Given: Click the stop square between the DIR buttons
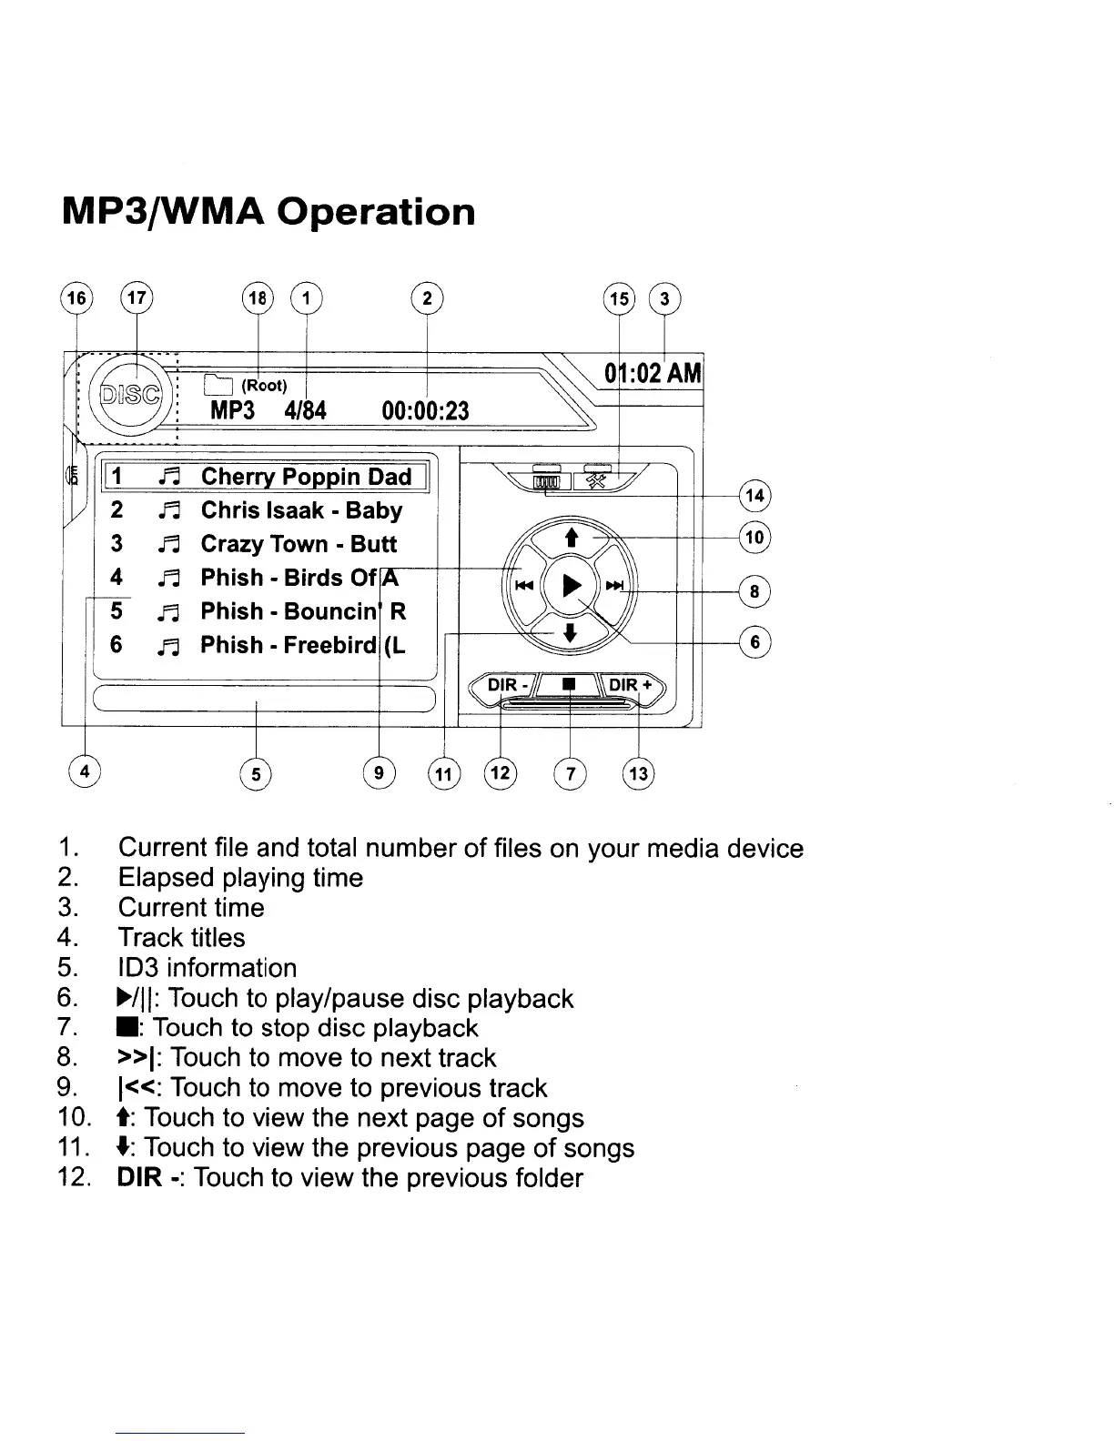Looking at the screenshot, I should coord(569,683).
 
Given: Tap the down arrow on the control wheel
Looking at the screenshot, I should coord(570,634).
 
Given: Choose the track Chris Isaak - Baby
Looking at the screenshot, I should coord(301,510).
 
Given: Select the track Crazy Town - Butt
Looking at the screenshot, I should coord(299,544).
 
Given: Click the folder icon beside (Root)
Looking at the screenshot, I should coord(218,385).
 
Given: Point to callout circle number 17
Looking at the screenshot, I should coord(137,297).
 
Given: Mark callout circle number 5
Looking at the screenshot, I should coord(257,774).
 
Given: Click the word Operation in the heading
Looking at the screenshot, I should coord(377,212).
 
